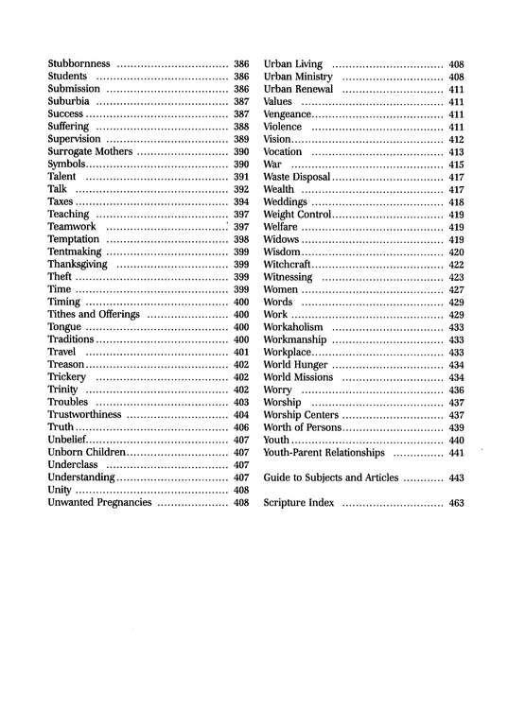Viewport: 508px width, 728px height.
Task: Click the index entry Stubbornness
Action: pos(81,63)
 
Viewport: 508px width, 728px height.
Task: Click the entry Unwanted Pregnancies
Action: pos(99,502)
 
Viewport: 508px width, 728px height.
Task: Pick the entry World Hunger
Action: pos(297,364)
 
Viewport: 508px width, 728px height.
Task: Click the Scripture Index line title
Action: pos(299,502)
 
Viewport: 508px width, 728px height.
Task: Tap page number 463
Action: pos(456,502)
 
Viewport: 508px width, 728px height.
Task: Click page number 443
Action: pos(456,477)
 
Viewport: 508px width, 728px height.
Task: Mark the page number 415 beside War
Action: pos(456,164)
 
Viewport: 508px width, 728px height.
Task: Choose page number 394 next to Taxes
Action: pos(240,201)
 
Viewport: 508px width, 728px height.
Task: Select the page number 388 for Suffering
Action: pos(240,126)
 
